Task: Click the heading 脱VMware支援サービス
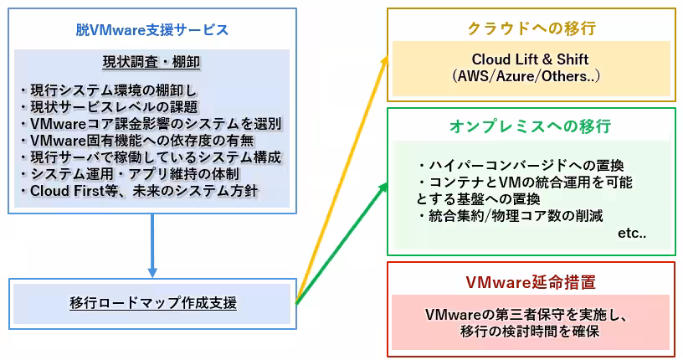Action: [x=152, y=30]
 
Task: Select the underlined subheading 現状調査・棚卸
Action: [x=151, y=63]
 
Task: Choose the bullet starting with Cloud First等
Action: [x=139, y=191]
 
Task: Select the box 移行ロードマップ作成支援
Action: [x=152, y=302]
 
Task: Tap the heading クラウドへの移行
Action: [x=531, y=28]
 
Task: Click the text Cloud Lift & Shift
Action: [x=530, y=59]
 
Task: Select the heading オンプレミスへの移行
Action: [x=530, y=126]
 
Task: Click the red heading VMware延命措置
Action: [x=530, y=282]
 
